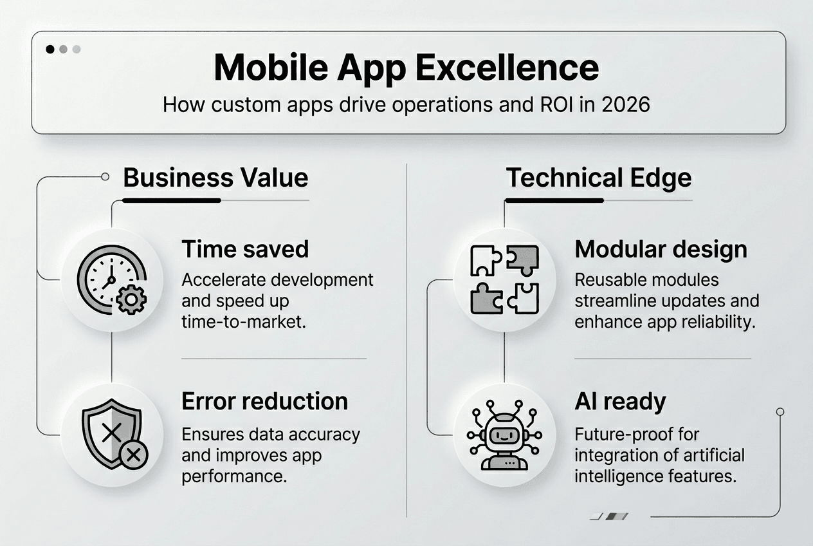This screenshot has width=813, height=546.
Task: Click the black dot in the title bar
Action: pyautogui.click(x=50, y=49)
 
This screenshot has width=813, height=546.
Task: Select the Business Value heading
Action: pyautogui.click(x=215, y=178)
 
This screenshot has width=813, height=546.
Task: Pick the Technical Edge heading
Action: pyautogui.click(x=599, y=178)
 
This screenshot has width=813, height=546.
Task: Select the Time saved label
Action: pyautogui.click(x=245, y=249)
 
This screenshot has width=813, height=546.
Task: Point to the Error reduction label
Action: pyautogui.click(x=264, y=401)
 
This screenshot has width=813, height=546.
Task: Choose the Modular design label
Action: pyautogui.click(x=661, y=249)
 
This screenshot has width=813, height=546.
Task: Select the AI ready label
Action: pyautogui.click(x=620, y=401)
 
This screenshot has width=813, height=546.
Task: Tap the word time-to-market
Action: pyautogui.click(x=242, y=321)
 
